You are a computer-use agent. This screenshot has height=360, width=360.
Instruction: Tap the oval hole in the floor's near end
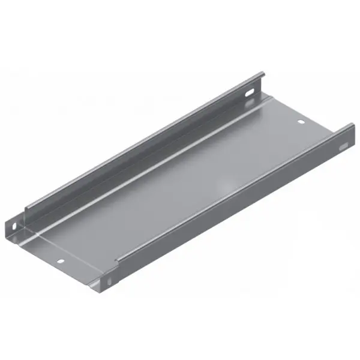click(x=61, y=262)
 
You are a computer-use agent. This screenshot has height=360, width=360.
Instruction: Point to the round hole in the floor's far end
click(x=302, y=123)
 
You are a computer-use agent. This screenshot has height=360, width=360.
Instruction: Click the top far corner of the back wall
click(x=262, y=73)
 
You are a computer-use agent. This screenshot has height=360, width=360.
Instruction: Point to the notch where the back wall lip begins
click(x=25, y=210)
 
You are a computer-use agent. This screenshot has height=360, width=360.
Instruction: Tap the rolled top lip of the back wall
click(x=144, y=141)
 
